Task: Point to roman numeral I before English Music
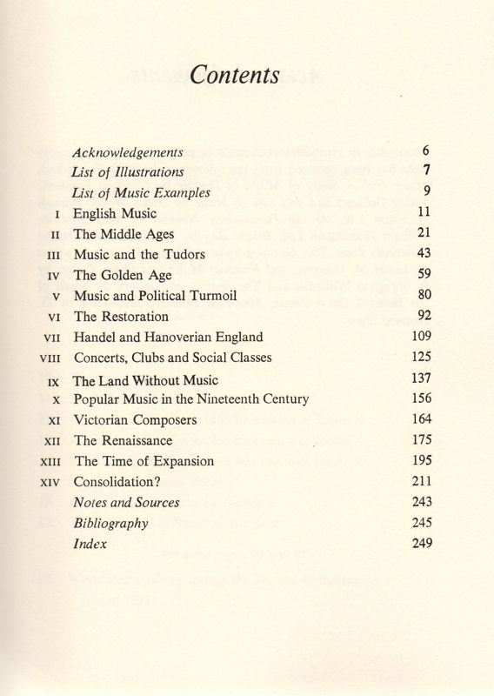57,213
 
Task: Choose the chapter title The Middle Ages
123,234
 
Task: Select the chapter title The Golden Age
123,275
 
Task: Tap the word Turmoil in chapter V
227,296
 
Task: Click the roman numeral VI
53,318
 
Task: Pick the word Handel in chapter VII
94,338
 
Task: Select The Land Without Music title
146,380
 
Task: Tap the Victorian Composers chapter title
136,420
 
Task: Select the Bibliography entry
111,524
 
